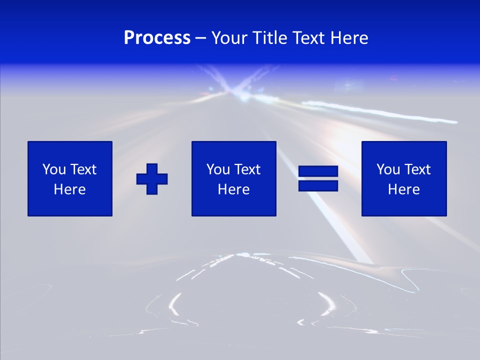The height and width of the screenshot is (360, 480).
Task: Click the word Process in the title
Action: tap(157, 38)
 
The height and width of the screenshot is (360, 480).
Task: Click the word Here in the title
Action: tap(349, 38)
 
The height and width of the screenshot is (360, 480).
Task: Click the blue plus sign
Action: tap(152, 179)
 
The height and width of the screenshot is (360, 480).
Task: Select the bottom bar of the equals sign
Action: tap(318, 185)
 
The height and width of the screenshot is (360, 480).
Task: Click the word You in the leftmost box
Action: tap(54, 169)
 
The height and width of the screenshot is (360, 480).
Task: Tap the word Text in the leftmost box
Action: tap(83, 169)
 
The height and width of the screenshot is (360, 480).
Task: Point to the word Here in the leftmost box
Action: tap(70, 189)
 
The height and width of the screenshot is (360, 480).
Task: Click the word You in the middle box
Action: tap(218, 169)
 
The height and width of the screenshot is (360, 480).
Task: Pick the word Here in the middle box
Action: tap(234, 189)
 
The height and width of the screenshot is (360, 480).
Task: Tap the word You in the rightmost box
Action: tap(388, 169)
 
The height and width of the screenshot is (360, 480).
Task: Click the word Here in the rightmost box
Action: tap(404, 189)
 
